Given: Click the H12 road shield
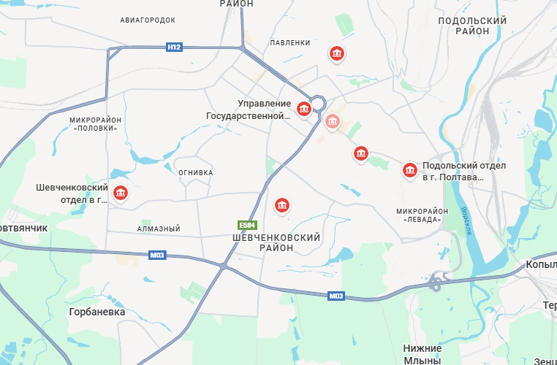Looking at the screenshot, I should pyautogui.click(x=174, y=47).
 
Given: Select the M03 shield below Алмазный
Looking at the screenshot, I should pyautogui.click(x=157, y=255).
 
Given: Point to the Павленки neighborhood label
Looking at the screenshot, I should pyautogui.click(x=290, y=42).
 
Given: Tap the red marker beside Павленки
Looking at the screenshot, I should pyautogui.click(x=336, y=53).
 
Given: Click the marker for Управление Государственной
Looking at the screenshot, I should pyautogui.click(x=304, y=109).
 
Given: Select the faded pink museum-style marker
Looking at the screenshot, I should pyautogui.click(x=333, y=120).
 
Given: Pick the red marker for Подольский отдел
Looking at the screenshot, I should pyautogui.click(x=410, y=171).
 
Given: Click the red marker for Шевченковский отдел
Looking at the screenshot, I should pyautogui.click(x=121, y=193).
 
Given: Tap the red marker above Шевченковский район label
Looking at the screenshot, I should pyautogui.click(x=282, y=206).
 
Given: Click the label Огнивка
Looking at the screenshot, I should pyautogui.click(x=196, y=172).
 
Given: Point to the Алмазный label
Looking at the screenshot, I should pyautogui.click(x=159, y=229).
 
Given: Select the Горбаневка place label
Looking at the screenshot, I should pyautogui.click(x=97, y=312).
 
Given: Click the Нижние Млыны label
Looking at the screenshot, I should pyautogui.click(x=423, y=354).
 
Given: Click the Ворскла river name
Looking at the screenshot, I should pyautogui.click(x=465, y=220).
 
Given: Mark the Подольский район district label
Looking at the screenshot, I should pyautogui.click(x=472, y=26).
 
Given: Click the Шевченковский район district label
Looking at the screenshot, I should pyautogui.click(x=276, y=242).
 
